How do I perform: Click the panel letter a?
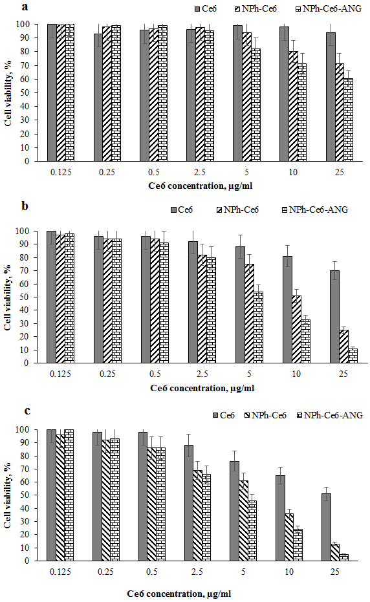(25, 6)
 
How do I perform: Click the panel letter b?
(25, 206)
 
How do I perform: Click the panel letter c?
(27, 411)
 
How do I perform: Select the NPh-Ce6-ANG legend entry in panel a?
(329, 8)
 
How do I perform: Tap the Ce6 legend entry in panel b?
(182, 210)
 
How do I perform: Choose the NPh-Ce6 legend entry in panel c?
(265, 415)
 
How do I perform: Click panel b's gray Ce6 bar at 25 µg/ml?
(334, 317)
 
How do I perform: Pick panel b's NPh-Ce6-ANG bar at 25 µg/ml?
(353, 356)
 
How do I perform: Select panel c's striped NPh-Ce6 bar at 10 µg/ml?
(289, 537)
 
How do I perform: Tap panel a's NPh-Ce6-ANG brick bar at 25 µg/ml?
(348, 120)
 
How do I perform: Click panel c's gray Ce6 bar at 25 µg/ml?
(326, 527)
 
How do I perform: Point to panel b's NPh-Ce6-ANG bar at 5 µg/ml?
(259, 327)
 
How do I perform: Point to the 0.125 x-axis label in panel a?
(61, 173)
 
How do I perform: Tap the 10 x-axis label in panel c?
(289, 572)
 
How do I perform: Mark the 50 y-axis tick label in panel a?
(25, 92)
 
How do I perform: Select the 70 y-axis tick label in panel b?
(25, 271)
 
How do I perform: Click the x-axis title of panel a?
(200, 186)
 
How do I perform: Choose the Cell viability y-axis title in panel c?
(8, 495)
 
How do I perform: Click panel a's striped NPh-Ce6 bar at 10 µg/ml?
(293, 106)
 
